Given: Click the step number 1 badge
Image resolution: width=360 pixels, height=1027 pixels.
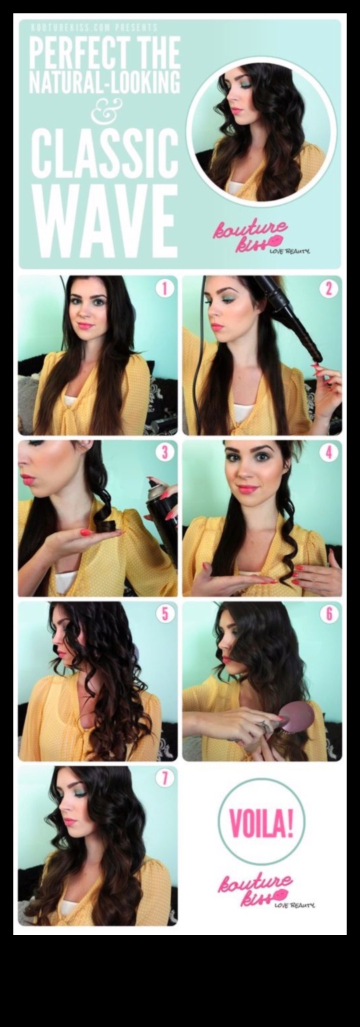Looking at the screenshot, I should [x=164, y=289].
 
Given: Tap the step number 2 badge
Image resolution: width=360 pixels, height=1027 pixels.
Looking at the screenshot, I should [x=328, y=289].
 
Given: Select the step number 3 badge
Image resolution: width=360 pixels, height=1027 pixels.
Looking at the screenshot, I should [x=164, y=453].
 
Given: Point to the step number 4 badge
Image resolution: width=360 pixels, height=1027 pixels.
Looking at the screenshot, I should [x=328, y=453].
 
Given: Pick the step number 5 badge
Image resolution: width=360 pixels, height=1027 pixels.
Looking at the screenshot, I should [x=164, y=614].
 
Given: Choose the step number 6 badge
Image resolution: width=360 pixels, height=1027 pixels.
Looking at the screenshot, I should [x=328, y=614].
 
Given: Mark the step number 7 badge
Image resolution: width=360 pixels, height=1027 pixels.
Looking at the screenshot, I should [x=164, y=778].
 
